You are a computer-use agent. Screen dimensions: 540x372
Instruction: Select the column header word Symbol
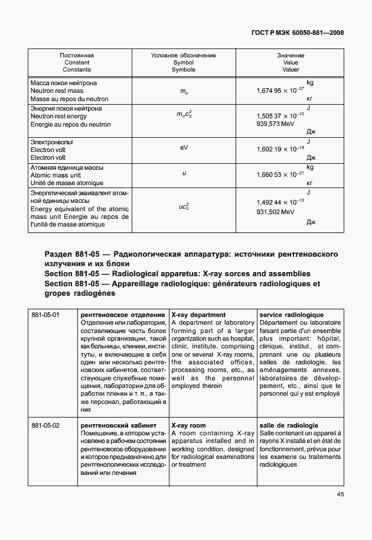point(183,62)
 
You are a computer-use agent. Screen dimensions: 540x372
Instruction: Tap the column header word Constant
point(77,62)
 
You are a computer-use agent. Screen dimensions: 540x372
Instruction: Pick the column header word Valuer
point(291,69)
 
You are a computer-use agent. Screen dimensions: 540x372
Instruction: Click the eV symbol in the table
point(184,148)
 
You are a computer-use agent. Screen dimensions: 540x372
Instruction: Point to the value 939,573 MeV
point(276,125)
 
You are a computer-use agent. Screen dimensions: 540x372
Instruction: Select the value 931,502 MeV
point(276,212)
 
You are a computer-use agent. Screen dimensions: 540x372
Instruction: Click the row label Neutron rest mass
point(57,91)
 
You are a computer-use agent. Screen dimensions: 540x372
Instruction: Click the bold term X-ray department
point(198,315)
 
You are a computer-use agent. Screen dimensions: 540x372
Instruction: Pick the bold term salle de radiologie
point(289,425)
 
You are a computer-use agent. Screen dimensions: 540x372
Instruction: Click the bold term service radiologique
point(292,315)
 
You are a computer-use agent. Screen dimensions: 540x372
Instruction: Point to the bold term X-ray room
point(188,425)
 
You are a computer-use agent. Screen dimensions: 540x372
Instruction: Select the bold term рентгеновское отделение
point(122,315)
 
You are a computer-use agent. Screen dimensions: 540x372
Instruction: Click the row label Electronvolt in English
point(48,150)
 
